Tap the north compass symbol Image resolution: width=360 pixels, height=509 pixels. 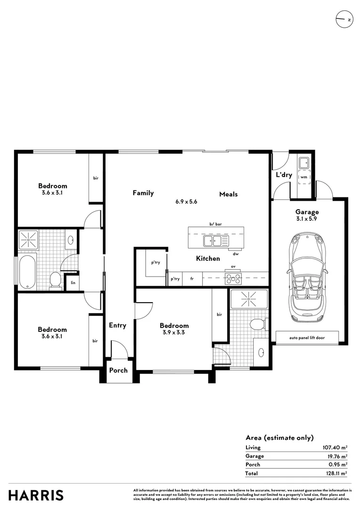(343, 20)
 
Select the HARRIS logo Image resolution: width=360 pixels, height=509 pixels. (36, 495)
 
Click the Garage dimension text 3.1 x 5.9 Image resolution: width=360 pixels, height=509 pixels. (307, 219)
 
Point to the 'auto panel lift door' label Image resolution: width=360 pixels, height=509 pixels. (307, 337)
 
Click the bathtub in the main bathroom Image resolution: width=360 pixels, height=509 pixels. (27, 271)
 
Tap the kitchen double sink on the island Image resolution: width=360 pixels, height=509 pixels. (212, 241)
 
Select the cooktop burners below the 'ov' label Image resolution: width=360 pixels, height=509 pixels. (233, 279)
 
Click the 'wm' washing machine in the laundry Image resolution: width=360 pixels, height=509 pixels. (304, 177)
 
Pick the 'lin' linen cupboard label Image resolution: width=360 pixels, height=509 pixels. (73, 283)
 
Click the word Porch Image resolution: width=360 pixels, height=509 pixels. (118, 370)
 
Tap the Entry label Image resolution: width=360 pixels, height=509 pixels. (117, 325)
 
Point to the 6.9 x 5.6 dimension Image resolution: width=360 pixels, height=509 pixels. (186, 201)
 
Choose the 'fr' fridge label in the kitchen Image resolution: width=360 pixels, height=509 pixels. (192, 279)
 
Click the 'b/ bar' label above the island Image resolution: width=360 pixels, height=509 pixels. (215, 224)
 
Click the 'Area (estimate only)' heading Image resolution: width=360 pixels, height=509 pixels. (279, 437)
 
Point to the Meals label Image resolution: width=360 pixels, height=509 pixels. (228, 194)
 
